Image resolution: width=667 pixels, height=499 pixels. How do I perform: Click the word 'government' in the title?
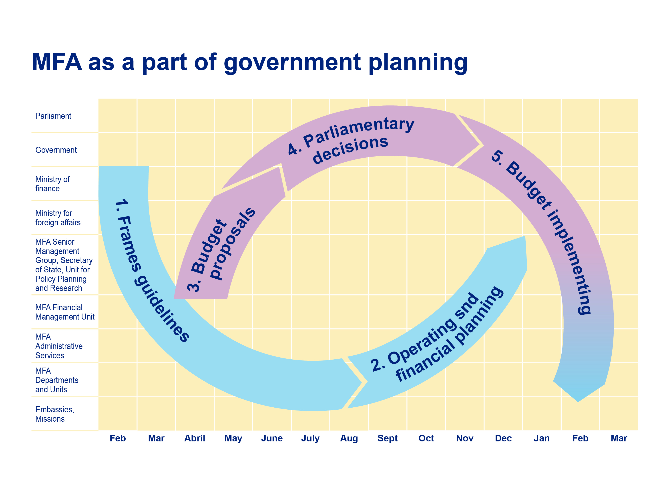click(x=292, y=63)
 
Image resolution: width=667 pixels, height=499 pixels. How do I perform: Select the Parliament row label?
click(x=53, y=116)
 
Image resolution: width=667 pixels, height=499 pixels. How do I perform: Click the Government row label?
click(x=56, y=150)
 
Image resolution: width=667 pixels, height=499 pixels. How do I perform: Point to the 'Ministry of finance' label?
click(x=52, y=184)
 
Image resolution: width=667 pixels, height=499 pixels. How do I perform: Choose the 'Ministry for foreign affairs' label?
click(x=58, y=218)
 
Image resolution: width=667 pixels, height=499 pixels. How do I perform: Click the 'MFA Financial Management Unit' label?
click(x=65, y=312)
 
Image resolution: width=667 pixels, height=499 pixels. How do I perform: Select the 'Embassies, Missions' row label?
click(x=54, y=414)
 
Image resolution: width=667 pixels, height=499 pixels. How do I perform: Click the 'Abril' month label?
click(x=195, y=438)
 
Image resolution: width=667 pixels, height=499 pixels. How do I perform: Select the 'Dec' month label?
click(x=503, y=438)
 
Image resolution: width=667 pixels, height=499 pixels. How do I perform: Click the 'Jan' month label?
click(x=542, y=438)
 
